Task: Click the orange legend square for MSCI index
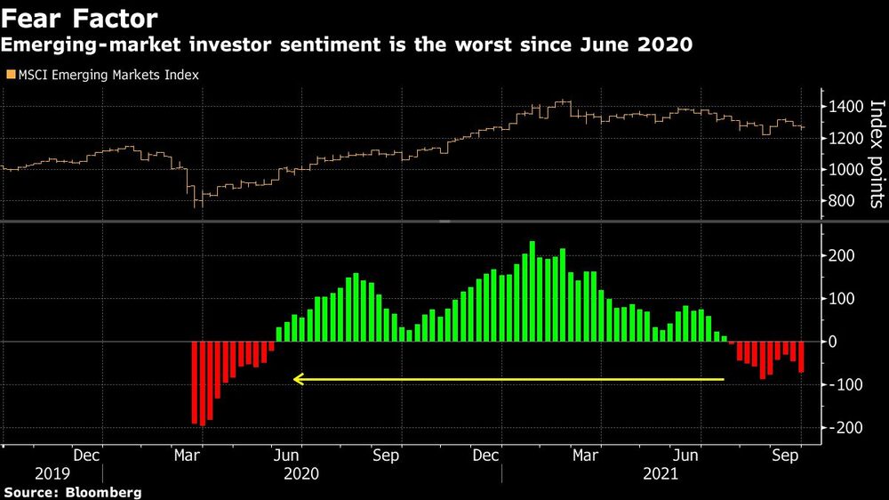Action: (10, 76)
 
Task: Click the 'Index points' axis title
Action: (877, 153)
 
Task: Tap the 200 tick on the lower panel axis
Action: (843, 256)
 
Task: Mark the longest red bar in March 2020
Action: (203, 383)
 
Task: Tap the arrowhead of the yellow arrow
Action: (299, 380)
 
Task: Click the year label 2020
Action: (300, 473)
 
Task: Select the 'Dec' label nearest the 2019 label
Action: (86, 455)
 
